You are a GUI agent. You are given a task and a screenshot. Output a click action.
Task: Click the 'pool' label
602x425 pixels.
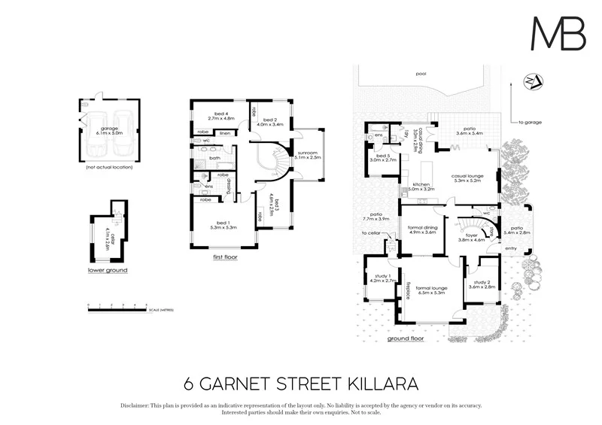[x=421, y=74]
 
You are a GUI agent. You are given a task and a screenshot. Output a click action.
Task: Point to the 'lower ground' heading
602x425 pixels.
[x=108, y=269]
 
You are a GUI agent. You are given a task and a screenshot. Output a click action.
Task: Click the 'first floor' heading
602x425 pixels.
[x=225, y=257]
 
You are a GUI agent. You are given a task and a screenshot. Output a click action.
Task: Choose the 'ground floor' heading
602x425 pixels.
[x=406, y=338]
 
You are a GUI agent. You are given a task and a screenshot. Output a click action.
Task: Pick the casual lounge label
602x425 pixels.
[x=467, y=178]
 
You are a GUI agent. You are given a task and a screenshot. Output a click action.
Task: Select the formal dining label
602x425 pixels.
[x=422, y=230]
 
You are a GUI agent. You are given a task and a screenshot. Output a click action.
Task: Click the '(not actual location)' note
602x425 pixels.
[x=110, y=168]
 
